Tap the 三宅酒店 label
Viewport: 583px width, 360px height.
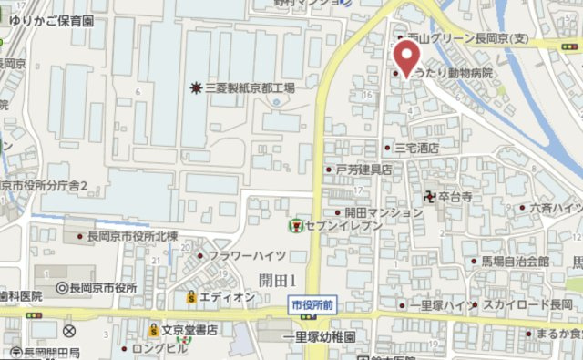[x=416, y=147]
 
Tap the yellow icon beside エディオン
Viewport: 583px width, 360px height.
[x=190, y=297]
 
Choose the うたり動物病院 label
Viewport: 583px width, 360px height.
[x=452, y=73]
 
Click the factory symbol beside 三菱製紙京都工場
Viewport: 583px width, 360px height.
[x=196, y=88]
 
